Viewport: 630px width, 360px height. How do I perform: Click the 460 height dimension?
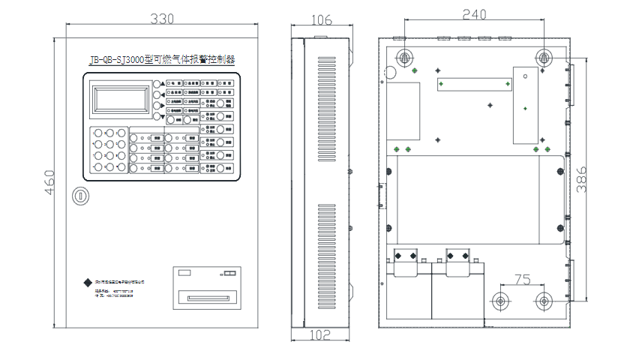(x=50, y=181)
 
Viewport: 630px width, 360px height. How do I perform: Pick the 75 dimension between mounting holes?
(x=522, y=279)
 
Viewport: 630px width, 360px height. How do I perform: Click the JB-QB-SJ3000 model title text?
(x=161, y=59)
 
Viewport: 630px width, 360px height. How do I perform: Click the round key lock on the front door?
(x=80, y=196)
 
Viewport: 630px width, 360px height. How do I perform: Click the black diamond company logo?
(x=88, y=283)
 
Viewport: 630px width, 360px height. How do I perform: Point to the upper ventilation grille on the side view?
(x=327, y=98)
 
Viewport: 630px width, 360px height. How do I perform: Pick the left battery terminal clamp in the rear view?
(x=406, y=256)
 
